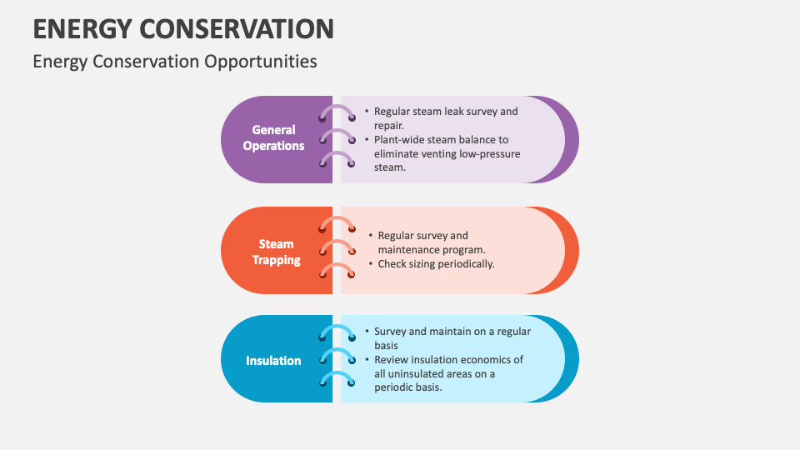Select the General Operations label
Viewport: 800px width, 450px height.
point(274,137)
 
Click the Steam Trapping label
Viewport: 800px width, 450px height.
point(277,252)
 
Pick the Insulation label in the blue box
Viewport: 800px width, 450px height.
point(273,361)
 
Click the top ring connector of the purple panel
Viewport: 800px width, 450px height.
point(337,114)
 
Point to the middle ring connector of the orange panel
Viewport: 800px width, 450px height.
point(337,248)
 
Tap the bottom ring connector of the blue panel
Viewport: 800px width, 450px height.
point(337,379)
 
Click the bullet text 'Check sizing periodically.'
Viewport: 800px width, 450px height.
point(436,263)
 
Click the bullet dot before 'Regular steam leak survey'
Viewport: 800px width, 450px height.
point(367,111)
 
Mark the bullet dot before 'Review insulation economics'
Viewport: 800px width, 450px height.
point(367,359)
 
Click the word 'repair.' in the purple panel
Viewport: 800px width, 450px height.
point(389,125)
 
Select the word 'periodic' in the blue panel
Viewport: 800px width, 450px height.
point(395,387)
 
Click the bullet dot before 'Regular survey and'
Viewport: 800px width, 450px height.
point(371,236)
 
